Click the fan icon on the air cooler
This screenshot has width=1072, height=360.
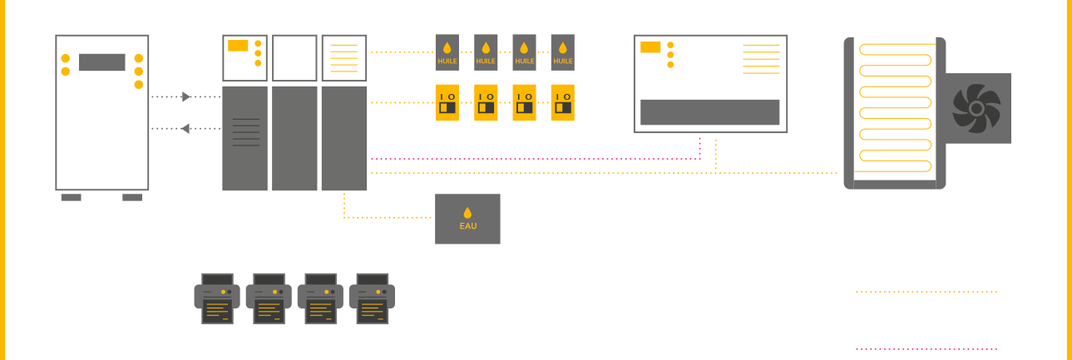976,108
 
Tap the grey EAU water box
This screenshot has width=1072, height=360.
467,219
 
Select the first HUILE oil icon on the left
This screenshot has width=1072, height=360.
447,52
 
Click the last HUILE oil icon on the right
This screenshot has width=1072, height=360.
563,52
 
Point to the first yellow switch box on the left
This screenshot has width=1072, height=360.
447,103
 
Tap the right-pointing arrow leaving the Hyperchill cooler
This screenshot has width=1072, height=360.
185,97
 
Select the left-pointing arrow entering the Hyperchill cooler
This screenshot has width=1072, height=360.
185,128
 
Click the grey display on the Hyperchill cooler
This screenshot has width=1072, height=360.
102,62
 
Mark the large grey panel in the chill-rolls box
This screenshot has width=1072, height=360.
709,112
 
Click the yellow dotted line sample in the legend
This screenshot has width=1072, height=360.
926,293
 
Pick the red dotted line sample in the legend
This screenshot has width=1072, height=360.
926,348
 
